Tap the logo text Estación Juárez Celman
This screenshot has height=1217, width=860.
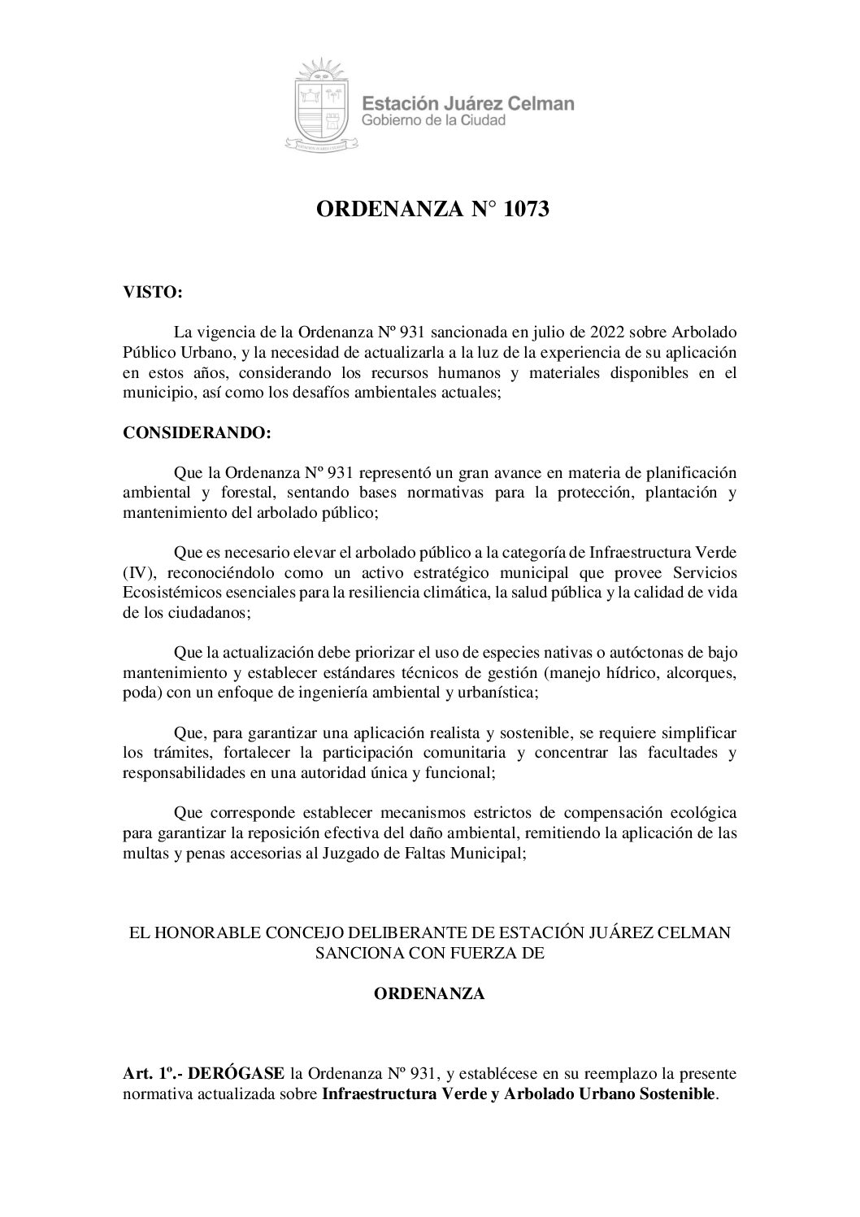point(467,103)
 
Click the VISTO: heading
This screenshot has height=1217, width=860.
point(152,293)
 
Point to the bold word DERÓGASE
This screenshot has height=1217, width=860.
point(236,1073)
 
